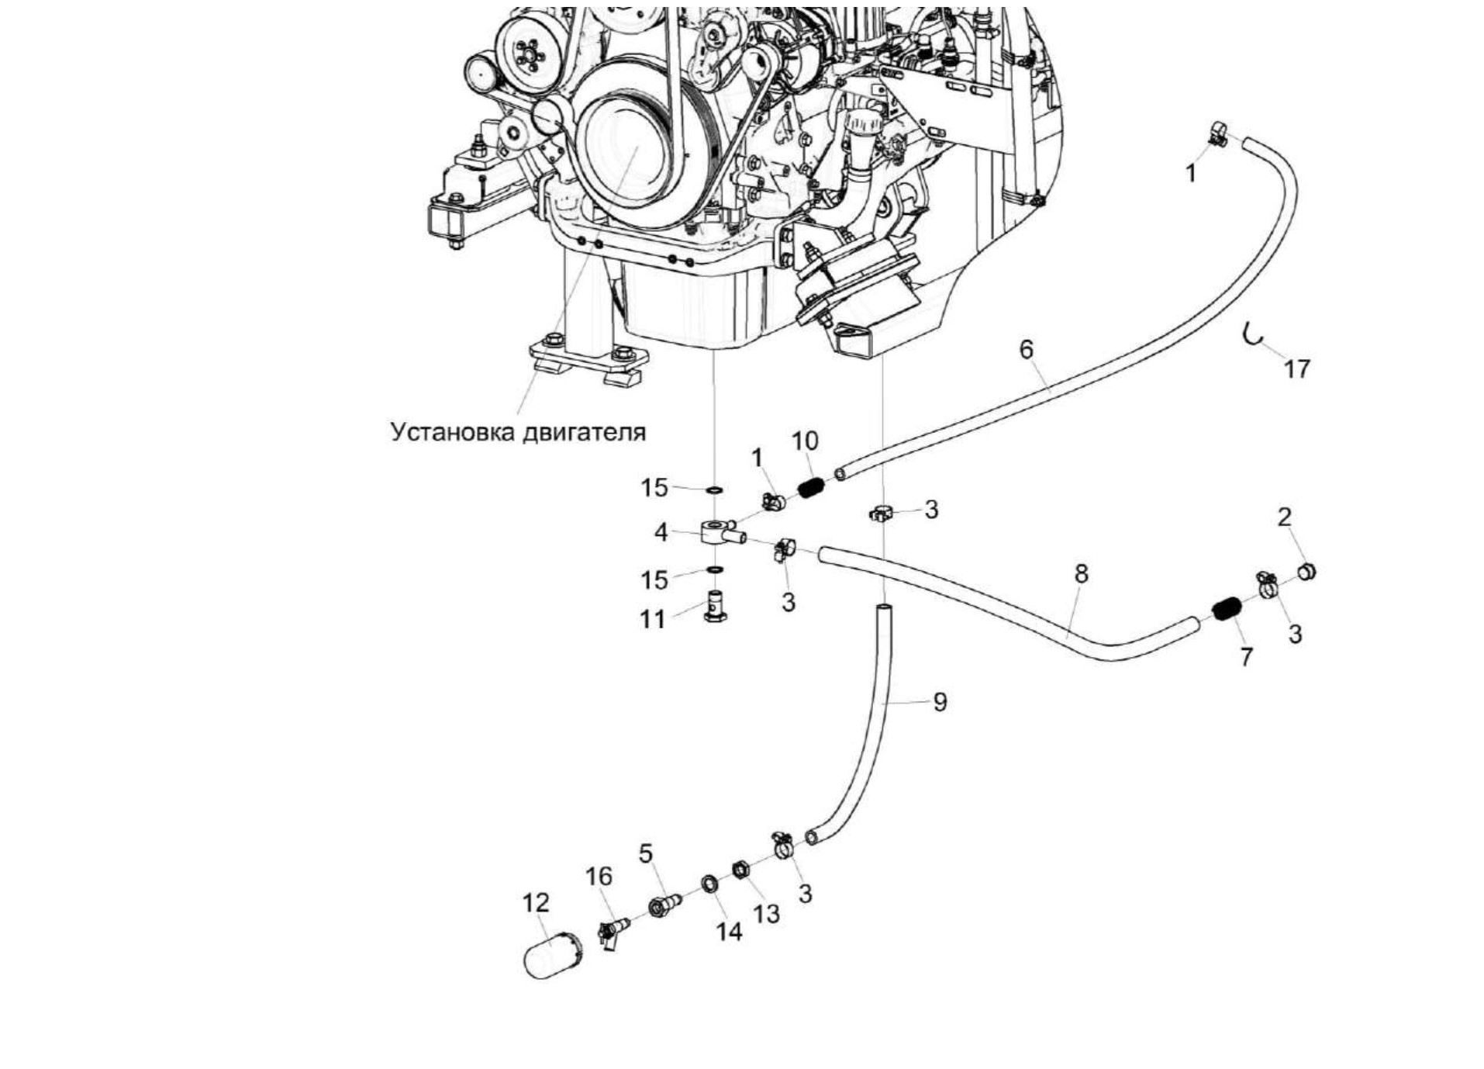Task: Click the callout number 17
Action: pyautogui.click(x=1296, y=368)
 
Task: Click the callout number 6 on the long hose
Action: pyautogui.click(x=1026, y=349)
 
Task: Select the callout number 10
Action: pyautogui.click(x=804, y=441)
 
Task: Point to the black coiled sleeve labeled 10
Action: pyautogui.click(x=809, y=488)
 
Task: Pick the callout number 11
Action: pyautogui.click(x=652, y=619)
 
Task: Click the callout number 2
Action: pyautogui.click(x=1284, y=517)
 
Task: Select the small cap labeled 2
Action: pyautogui.click(x=1306, y=573)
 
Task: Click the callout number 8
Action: pyautogui.click(x=1081, y=573)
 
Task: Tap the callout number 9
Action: pyautogui.click(x=939, y=702)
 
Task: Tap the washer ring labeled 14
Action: pyautogui.click(x=709, y=884)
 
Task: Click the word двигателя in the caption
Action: pyautogui.click(x=583, y=431)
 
